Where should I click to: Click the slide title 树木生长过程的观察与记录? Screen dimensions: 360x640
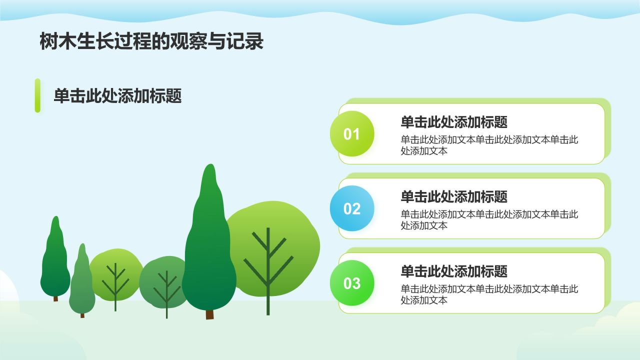click(151, 41)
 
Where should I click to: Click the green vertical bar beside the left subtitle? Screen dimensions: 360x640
click(37, 95)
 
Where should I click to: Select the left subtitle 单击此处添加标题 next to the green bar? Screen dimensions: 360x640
click(117, 95)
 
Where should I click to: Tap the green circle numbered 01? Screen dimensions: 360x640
click(352, 133)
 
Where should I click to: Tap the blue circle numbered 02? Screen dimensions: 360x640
click(352, 208)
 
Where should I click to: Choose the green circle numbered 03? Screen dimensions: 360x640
click(352, 283)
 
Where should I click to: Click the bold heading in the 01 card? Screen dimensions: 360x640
click(454, 122)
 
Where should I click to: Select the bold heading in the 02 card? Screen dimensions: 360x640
click(454, 196)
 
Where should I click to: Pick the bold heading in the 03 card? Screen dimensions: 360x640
click(454, 271)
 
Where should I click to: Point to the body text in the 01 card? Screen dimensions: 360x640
click(489, 145)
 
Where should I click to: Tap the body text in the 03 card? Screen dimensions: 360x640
click(489, 294)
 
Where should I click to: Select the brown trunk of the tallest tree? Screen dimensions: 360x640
click(209, 314)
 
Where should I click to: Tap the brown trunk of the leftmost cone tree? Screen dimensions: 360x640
click(55, 298)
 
